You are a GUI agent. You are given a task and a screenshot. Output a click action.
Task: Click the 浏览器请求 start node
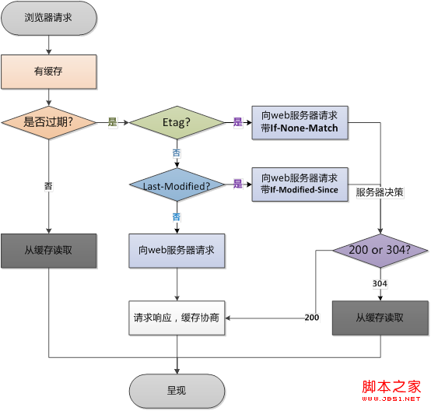(49, 18)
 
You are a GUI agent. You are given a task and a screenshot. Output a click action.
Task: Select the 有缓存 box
(49, 72)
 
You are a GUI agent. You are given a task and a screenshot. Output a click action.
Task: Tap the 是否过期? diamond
(49, 122)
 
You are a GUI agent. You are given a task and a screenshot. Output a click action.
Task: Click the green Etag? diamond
(177, 122)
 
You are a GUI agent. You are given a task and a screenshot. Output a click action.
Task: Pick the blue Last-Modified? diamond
(177, 184)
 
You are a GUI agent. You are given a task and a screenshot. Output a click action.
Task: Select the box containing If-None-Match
(300, 123)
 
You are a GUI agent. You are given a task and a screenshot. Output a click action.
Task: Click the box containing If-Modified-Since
(300, 184)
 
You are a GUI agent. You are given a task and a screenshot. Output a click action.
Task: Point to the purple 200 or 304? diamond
(380, 251)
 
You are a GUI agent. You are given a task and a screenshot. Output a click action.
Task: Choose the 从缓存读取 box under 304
(380, 318)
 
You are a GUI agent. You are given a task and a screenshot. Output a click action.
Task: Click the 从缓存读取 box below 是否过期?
(49, 251)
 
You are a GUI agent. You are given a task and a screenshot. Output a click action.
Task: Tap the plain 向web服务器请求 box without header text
(177, 251)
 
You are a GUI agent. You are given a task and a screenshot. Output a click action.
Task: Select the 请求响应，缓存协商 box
(177, 318)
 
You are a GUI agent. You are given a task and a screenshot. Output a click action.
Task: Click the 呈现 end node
(177, 391)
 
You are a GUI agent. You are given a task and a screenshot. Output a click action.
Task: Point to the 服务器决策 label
(380, 192)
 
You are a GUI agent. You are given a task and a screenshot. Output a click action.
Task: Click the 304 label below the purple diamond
(380, 283)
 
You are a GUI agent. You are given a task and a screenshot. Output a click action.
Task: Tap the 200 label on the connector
(312, 318)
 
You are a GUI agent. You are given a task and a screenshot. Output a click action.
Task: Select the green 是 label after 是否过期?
(113, 122)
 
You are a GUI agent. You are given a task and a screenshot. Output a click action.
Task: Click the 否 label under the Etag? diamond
(177, 153)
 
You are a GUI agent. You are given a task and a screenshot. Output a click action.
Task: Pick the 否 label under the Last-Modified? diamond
(177, 217)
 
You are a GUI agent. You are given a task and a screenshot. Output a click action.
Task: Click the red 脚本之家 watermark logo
(391, 390)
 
